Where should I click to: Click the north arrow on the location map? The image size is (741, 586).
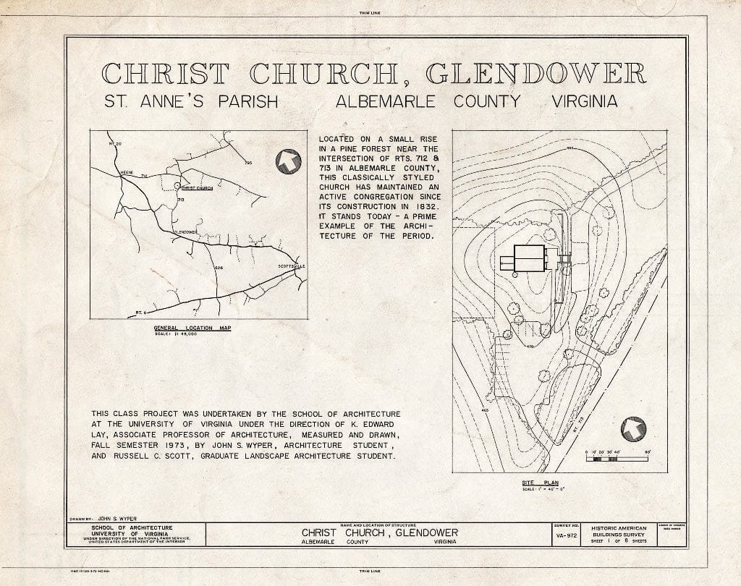click(288, 161)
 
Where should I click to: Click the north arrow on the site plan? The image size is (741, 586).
click(633, 429)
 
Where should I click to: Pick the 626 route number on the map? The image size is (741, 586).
click(219, 269)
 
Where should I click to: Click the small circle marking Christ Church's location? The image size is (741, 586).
click(178, 186)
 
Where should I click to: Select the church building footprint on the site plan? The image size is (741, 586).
click(529, 258)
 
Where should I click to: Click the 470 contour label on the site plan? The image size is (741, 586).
click(530, 347)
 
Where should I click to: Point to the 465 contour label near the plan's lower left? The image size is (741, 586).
click(484, 410)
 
